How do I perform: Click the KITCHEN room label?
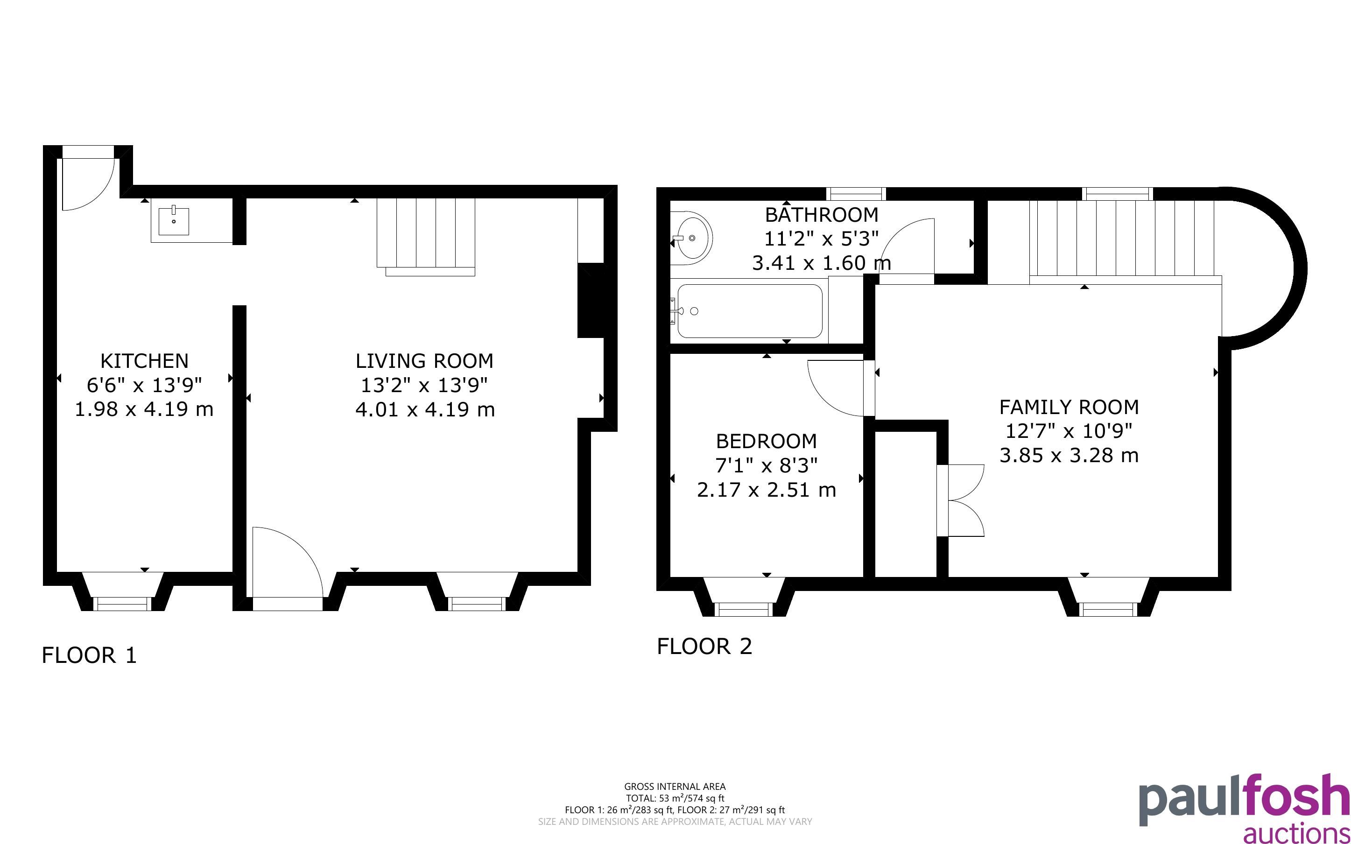(144, 361)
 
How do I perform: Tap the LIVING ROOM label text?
(425, 361)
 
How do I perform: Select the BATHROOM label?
(822, 215)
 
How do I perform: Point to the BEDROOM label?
(766, 442)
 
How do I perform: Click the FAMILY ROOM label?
(1069, 408)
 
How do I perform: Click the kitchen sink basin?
(174, 222)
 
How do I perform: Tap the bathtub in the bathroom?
(749, 311)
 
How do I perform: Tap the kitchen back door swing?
(88, 185)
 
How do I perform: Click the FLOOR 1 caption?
(89, 655)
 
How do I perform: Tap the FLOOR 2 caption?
(705, 647)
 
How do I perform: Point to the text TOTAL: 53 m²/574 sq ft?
(675, 798)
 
